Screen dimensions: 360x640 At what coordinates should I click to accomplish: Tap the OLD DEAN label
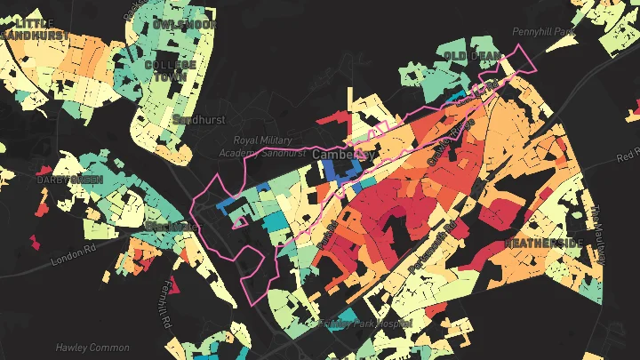[x=468, y=56]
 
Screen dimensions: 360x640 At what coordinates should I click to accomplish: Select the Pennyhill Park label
[x=545, y=32]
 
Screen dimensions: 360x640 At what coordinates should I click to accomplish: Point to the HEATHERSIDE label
[x=544, y=242]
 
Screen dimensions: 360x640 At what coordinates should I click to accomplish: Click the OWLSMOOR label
[x=184, y=24]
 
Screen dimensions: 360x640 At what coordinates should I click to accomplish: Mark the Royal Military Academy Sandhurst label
[x=268, y=147]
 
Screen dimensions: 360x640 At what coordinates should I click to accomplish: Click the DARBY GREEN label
[x=69, y=180]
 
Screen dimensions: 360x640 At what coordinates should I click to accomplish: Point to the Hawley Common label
[x=92, y=348]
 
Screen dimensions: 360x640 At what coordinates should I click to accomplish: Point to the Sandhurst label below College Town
[x=199, y=119]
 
